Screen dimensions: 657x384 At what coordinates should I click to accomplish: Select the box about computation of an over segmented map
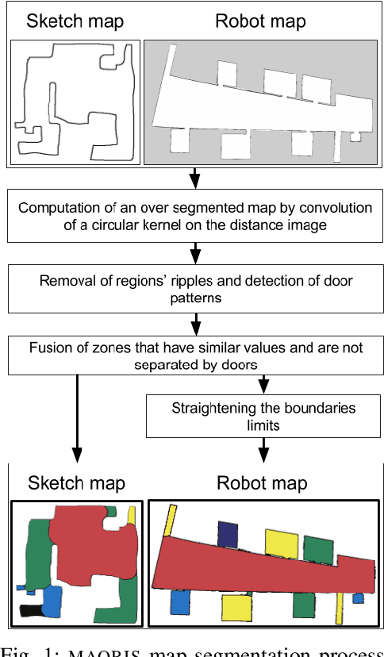[194, 215]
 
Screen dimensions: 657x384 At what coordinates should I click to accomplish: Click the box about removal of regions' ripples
[194, 289]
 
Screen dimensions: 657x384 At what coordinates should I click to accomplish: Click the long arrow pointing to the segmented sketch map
[77, 421]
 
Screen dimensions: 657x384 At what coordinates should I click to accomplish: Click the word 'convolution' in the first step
[333, 207]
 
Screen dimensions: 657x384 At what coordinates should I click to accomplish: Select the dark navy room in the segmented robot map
[228, 534]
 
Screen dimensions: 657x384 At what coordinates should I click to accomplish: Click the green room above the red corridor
[317, 550]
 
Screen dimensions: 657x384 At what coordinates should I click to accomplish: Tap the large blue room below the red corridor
[179, 602]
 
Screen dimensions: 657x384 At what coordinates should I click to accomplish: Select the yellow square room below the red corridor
[236, 607]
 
